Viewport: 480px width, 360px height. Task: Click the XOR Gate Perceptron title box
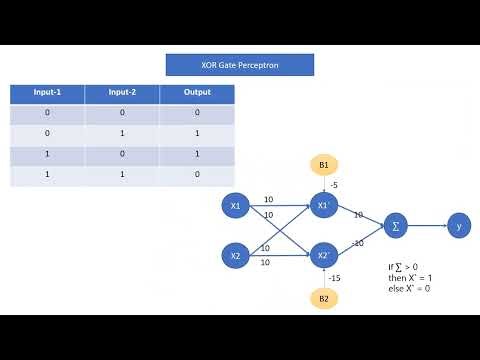[240, 65]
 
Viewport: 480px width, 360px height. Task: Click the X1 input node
[236, 207]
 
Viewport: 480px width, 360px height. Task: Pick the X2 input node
[236, 256]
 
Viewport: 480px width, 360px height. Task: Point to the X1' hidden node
[323, 207]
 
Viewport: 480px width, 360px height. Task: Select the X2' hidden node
[323, 256]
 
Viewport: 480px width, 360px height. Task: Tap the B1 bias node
[323, 164]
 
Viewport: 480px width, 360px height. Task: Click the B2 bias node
[323, 298]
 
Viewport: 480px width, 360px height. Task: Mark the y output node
[459, 227]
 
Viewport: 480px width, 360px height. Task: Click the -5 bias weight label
[334, 185]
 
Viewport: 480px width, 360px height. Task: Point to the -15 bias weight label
[336, 278]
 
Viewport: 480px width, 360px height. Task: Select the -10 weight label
[358, 243]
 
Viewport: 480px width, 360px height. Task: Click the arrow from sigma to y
[427, 227]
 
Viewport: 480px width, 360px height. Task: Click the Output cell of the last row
[197, 175]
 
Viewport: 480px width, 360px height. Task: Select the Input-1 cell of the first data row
[47, 114]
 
